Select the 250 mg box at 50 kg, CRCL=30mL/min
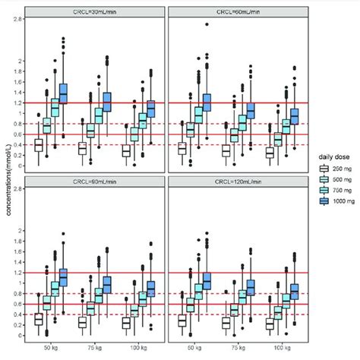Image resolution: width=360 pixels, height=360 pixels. [x=38, y=145]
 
